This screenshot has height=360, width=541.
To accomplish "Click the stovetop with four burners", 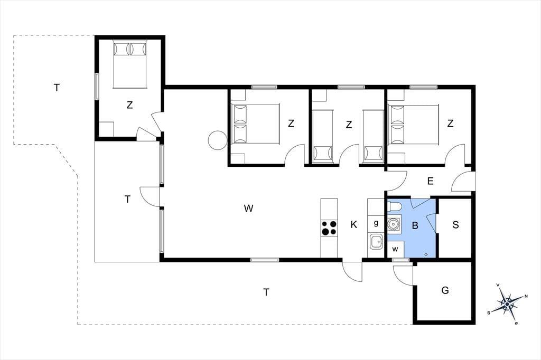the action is (329, 228).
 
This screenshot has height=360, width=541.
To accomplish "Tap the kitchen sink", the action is (376, 241).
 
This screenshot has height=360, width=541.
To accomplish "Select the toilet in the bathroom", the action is (395, 206).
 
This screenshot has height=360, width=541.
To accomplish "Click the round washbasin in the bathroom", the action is (394, 224).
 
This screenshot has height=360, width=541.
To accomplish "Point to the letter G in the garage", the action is (445, 290).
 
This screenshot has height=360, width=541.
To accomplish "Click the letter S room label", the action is (455, 225).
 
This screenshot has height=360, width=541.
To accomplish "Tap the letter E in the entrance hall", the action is (430, 181).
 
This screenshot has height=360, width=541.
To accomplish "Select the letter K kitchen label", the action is (353, 225).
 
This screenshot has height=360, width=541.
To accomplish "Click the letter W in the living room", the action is (249, 209).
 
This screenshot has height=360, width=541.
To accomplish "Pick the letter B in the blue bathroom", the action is (415, 225).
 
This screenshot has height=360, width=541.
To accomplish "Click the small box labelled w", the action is (395, 249).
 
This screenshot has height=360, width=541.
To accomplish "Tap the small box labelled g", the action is (376, 223).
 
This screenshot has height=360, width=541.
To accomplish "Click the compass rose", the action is (507, 304).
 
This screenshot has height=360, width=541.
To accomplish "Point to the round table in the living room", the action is (218, 140).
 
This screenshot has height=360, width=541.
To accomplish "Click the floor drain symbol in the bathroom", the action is (426, 254).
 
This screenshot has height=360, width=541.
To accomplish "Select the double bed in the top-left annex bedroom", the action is (130, 64).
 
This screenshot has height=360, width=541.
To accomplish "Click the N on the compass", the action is (526, 296).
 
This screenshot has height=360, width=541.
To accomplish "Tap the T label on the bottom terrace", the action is (266, 292).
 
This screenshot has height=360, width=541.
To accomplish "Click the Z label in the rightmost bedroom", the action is (450, 123).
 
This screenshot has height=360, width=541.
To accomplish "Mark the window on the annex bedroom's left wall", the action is (97, 87).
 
